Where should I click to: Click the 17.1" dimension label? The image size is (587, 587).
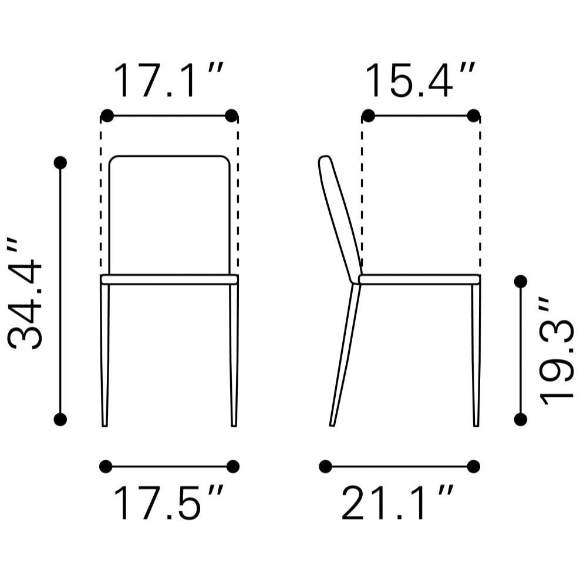(x=168, y=80)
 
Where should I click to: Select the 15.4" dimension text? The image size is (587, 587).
(x=420, y=80)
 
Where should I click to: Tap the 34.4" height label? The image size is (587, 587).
(x=25, y=293)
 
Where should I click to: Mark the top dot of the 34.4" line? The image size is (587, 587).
(x=60, y=163)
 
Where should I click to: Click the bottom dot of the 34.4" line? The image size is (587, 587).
(x=60, y=419)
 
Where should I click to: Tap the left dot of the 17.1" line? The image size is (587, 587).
(x=107, y=116)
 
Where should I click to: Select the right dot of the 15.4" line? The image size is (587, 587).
(x=474, y=116)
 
